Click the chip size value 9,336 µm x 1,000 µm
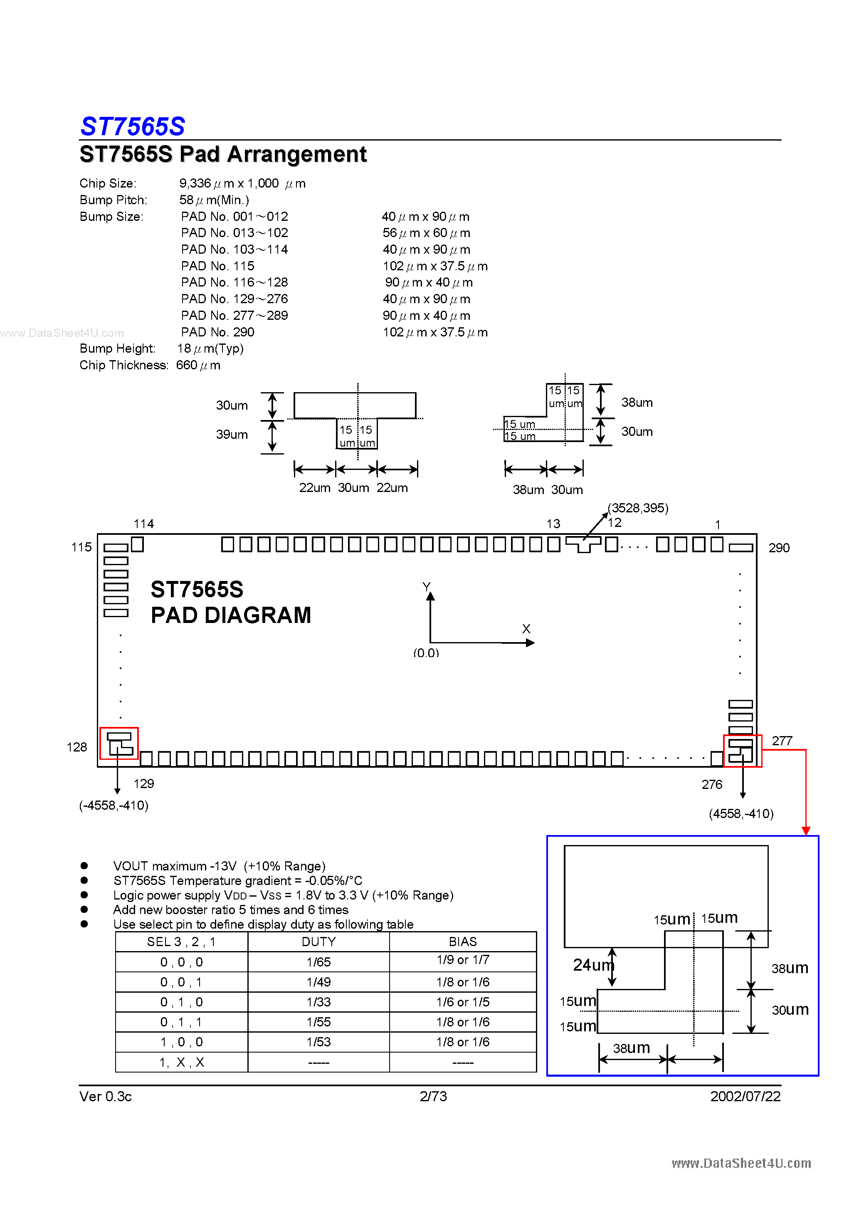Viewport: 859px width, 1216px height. pyautogui.click(x=242, y=183)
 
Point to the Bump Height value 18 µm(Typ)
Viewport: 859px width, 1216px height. pyautogui.click(x=210, y=348)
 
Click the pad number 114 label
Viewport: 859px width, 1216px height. pyautogui.click(x=143, y=524)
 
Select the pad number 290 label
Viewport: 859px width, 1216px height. pyautogui.click(x=778, y=548)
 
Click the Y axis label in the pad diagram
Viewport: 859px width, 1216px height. pyautogui.click(x=426, y=586)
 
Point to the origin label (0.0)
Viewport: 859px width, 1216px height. pyautogui.click(x=426, y=652)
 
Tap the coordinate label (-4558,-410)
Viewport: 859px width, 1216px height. pyautogui.click(x=114, y=806)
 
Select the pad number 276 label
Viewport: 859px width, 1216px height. pyautogui.click(x=712, y=784)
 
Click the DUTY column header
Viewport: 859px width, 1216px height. pyautogui.click(x=318, y=942)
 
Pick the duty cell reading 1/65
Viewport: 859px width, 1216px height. pyautogui.click(x=318, y=962)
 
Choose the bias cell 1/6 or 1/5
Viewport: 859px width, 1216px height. pyautogui.click(x=462, y=1002)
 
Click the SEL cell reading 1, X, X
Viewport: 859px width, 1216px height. pyautogui.click(x=181, y=1062)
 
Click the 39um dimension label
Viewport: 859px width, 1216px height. pyautogui.click(x=232, y=434)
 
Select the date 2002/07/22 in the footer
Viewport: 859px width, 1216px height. pyautogui.click(x=745, y=1096)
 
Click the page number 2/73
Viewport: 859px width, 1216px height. pyautogui.click(x=433, y=1096)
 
